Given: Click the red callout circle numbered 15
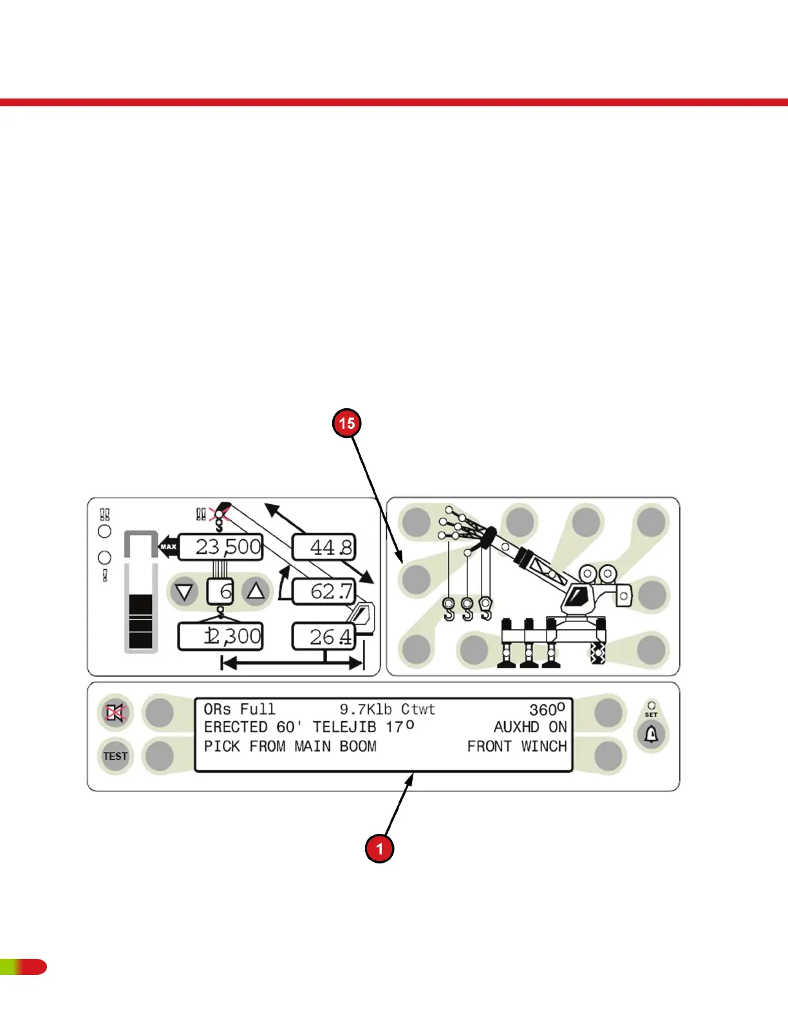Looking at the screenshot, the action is click(347, 423).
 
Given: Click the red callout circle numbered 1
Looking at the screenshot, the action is click(379, 848).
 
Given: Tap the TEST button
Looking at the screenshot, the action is click(115, 756).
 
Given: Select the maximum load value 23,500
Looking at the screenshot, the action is click(221, 547).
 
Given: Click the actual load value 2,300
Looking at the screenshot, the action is click(221, 637).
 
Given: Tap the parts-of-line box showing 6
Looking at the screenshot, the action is click(220, 591).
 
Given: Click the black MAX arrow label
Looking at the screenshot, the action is click(167, 547).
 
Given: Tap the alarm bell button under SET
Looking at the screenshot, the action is click(651, 734).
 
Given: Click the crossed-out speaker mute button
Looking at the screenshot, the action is click(115, 712).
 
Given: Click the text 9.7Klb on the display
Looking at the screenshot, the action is click(366, 710).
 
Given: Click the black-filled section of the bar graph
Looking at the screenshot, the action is click(141, 621).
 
